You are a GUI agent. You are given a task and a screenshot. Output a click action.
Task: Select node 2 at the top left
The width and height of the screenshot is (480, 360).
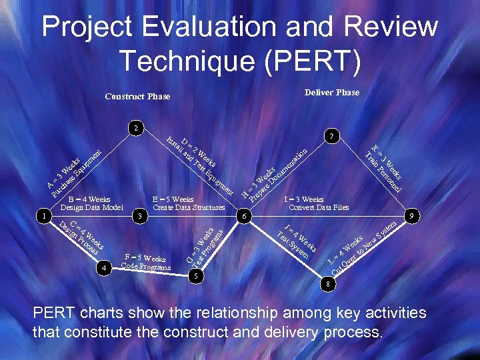[135, 127]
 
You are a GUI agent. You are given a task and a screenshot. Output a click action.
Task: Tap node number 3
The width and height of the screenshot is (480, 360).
[140, 216]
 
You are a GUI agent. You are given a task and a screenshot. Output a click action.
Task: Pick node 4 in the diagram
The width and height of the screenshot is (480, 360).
[103, 267]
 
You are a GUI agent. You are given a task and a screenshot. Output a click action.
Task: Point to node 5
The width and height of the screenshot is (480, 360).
[196, 275]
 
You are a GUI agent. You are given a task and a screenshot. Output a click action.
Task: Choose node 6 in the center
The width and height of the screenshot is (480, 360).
[245, 216]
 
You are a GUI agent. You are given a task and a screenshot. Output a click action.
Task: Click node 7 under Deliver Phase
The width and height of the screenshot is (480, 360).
[331, 136]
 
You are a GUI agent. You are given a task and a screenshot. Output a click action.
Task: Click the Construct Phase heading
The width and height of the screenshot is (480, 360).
[137, 97]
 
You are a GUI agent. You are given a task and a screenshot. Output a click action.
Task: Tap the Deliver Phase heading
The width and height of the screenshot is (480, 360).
[331, 93]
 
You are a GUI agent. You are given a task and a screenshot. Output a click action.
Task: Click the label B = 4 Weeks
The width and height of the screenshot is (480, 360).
[89, 199]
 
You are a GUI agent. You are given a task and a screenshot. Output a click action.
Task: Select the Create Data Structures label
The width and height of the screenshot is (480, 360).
[189, 207]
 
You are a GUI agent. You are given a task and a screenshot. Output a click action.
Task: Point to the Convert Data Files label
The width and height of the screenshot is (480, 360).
[319, 207]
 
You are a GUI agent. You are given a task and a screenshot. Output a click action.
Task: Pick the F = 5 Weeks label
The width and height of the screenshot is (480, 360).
[145, 258]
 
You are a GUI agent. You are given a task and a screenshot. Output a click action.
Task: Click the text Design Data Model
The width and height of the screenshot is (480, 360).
[92, 207]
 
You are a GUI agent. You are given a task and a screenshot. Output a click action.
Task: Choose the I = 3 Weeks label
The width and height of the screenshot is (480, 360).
[304, 199]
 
